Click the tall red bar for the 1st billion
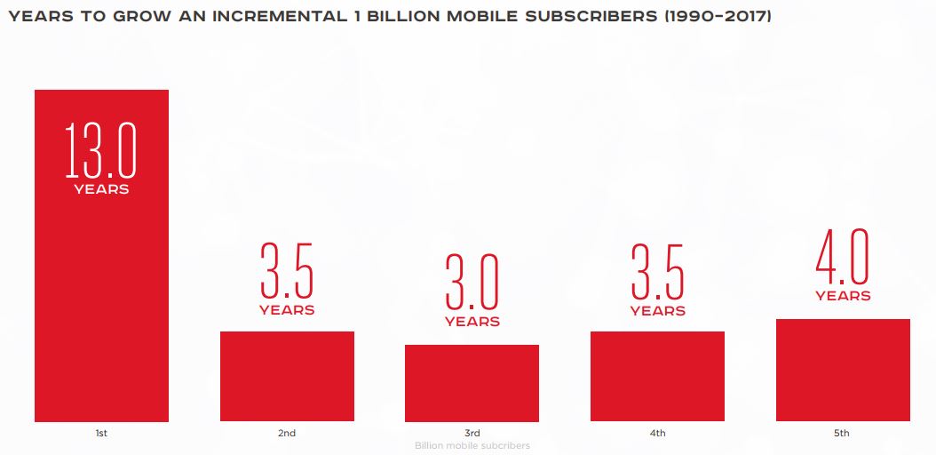(101, 293)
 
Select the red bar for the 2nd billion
(287, 376)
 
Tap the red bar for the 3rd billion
(472, 383)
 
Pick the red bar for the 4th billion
(657, 376)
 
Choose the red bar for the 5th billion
(843, 370)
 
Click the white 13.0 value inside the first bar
(101, 150)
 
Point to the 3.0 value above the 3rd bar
(472, 282)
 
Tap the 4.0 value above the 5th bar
(843, 256)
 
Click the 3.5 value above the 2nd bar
(287, 270)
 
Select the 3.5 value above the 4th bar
(657, 271)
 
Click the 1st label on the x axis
(101, 434)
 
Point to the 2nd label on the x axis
(287, 434)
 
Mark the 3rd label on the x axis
(472, 434)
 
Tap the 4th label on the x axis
(657, 434)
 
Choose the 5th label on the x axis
(842, 434)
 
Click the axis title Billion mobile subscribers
(472, 445)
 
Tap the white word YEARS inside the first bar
(101, 189)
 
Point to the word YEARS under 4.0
(843, 296)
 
